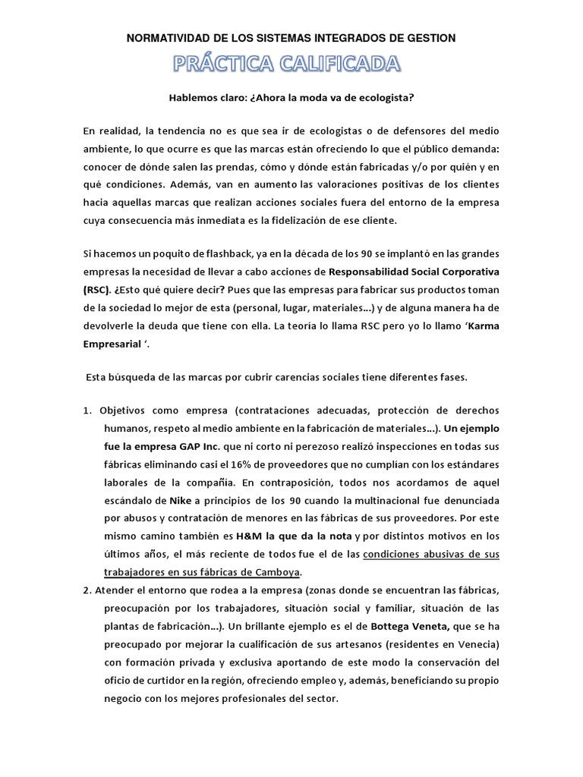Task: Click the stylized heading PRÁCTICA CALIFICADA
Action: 291,64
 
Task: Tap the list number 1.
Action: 87,410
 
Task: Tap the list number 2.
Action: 87,590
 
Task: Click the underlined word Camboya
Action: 280,571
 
